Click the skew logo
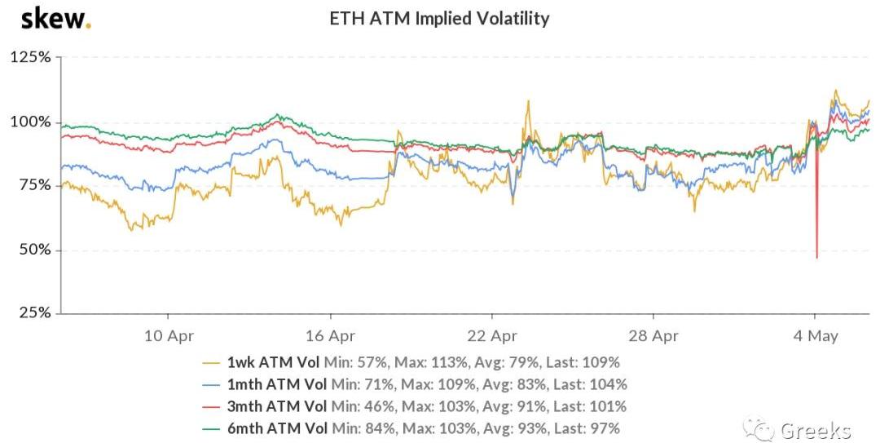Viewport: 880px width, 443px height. click(55, 18)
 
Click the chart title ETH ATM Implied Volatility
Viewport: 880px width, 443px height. click(439, 19)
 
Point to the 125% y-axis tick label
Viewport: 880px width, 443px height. click(31, 57)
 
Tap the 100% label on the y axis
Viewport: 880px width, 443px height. click(31, 122)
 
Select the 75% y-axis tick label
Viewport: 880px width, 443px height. click(35, 185)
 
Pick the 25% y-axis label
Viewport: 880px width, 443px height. click(35, 312)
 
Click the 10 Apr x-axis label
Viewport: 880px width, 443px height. click(169, 336)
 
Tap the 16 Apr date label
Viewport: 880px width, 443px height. click(330, 336)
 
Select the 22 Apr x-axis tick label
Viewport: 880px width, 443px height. click(491, 336)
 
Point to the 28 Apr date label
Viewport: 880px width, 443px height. click(653, 336)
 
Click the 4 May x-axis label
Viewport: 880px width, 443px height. click(815, 336)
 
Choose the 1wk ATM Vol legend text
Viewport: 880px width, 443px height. click(273, 362)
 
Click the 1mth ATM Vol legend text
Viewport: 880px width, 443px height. click(277, 384)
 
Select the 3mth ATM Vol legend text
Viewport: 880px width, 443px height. click(277, 406)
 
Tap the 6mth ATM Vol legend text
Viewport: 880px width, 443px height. click(277, 428)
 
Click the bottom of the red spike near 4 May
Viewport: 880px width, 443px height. click(816, 258)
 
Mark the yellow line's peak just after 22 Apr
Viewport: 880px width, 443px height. click(527, 101)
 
